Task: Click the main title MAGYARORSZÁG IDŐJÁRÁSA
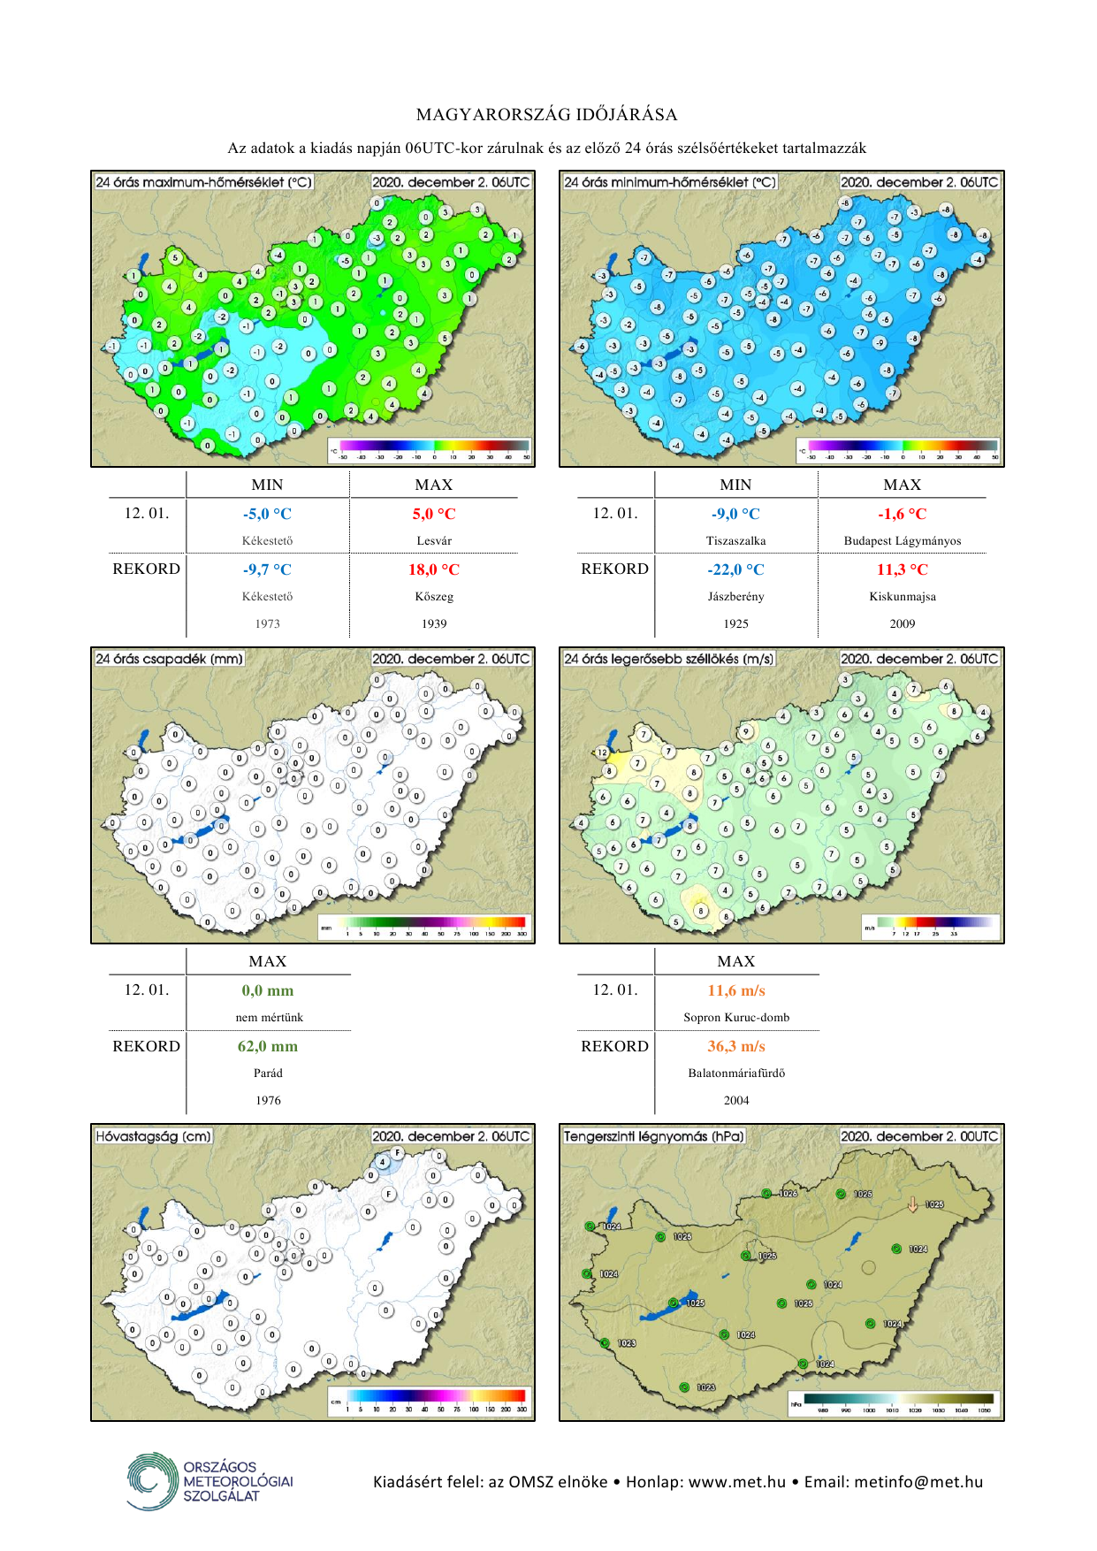(x=547, y=115)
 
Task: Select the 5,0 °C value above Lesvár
(x=433, y=514)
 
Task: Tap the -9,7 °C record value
(x=267, y=569)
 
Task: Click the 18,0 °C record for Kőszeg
(x=433, y=569)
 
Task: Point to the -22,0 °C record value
(x=735, y=569)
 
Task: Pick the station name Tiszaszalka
(x=735, y=540)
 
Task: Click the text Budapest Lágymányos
(x=902, y=540)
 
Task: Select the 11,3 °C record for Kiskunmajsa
(x=902, y=569)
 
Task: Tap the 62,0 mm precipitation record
(x=268, y=1046)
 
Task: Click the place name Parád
(x=268, y=1073)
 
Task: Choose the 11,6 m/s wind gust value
(x=736, y=990)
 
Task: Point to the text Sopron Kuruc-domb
(x=736, y=1017)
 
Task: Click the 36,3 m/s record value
(x=736, y=1046)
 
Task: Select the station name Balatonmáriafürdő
(x=736, y=1073)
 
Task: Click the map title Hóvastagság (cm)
(x=154, y=1136)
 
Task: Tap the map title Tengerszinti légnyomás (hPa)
(x=654, y=1136)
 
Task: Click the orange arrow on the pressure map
(x=913, y=1203)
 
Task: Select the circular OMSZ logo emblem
(x=152, y=1480)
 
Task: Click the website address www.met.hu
(x=736, y=1482)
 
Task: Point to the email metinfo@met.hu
(x=918, y=1482)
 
